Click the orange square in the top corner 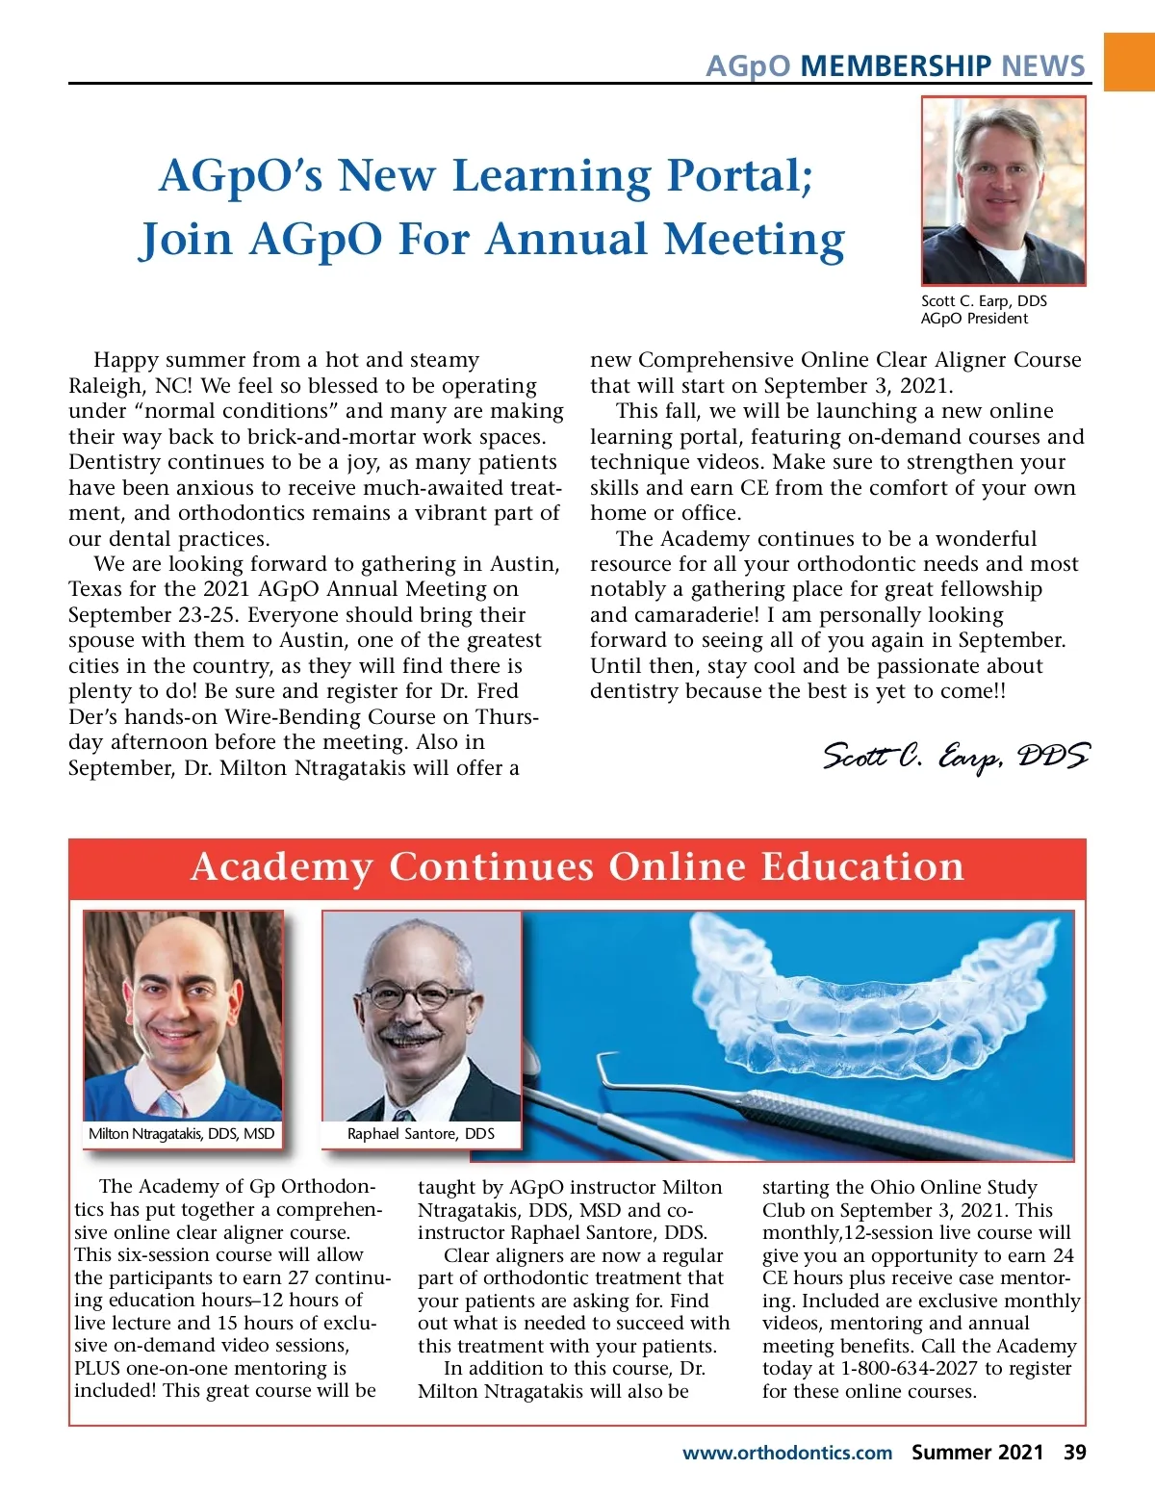pos(1129,62)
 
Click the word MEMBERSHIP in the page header pos(895,65)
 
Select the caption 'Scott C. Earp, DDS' pos(984,300)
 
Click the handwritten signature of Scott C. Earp pos(956,757)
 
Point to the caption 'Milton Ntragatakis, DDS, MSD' pos(182,1133)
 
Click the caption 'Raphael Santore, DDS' pos(421,1133)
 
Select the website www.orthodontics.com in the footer pos(786,1453)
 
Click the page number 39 pos(1074,1453)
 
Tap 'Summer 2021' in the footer pos(977,1453)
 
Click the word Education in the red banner pos(861,866)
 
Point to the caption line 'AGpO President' pos(974,319)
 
